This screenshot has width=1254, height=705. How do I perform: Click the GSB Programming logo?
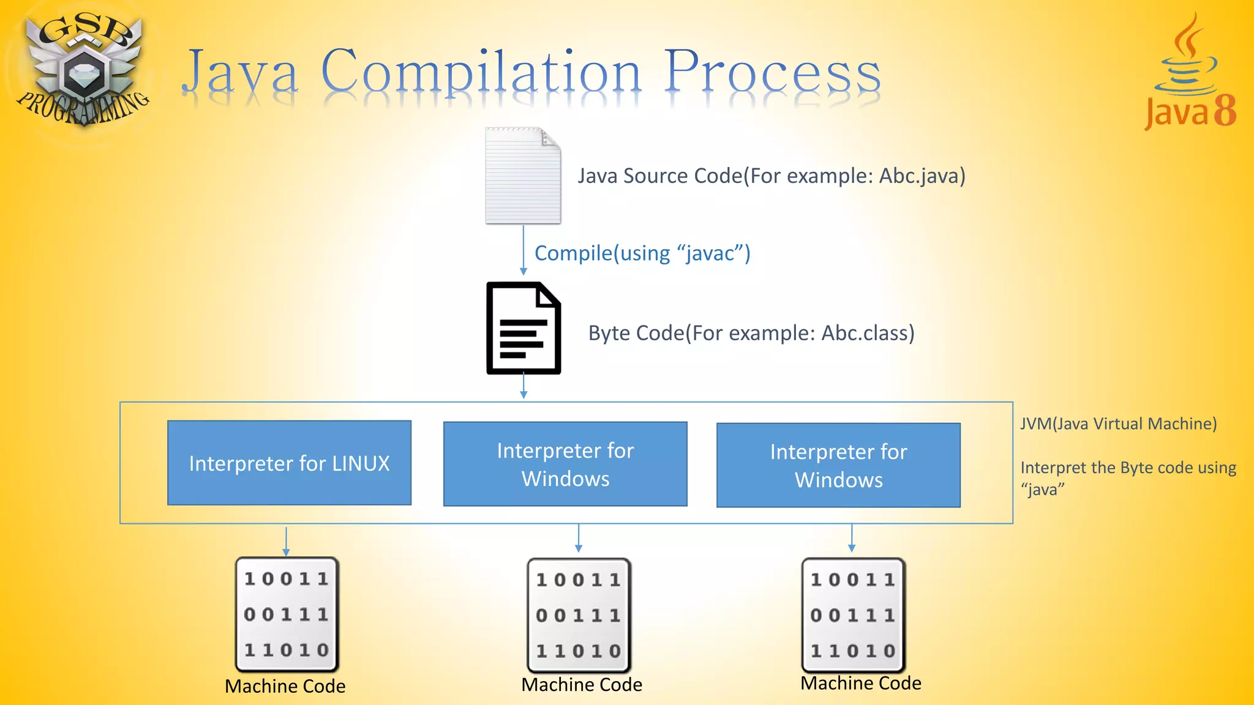(x=82, y=70)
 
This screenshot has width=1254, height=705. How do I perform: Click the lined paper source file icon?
(x=523, y=176)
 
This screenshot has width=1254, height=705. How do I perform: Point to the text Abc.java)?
(x=922, y=176)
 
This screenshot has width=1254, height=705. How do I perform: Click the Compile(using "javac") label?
(x=642, y=253)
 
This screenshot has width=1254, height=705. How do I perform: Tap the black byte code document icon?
(x=524, y=328)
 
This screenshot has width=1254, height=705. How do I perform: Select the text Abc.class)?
(x=868, y=333)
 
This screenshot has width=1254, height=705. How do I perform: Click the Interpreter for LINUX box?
(x=289, y=463)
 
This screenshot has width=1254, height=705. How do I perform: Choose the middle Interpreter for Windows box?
(x=565, y=464)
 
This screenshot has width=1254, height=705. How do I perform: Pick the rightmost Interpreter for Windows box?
(x=838, y=465)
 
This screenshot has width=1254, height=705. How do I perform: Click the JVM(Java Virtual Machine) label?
(x=1118, y=423)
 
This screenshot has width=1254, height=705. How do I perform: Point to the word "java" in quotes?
(x=1043, y=490)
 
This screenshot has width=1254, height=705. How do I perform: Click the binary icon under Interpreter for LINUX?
(x=287, y=614)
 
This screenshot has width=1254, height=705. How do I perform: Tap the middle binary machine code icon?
(x=579, y=615)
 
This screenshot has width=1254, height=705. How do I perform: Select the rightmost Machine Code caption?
(x=860, y=683)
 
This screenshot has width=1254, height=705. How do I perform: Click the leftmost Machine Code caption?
(x=285, y=686)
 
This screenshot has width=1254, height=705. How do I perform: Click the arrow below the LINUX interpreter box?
(x=286, y=541)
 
